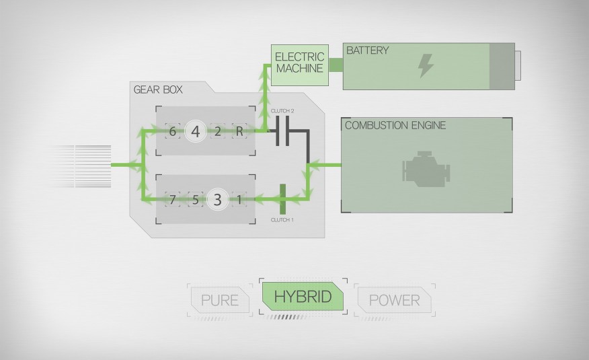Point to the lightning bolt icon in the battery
[426, 66]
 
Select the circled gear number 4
[196, 131]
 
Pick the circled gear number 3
[217, 199]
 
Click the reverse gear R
[239, 131]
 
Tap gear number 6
[173, 131]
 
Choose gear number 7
[173, 199]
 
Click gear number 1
[239, 199]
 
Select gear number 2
[218, 131]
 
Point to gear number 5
[195, 199]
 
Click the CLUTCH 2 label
[282, 110]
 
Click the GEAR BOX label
[158, 89]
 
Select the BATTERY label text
[367, 50]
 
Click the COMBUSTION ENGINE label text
[395, 125]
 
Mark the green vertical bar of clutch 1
[282, 199]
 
